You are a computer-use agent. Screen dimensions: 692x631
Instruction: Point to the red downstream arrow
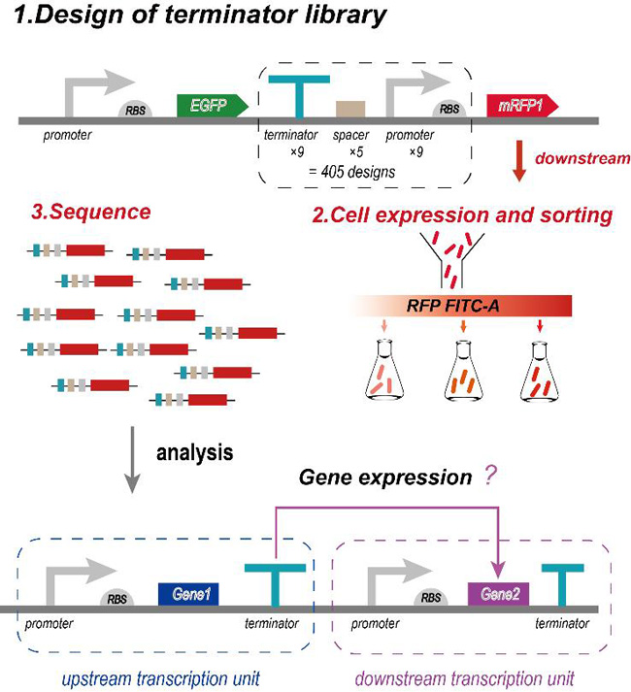[x=519, y=162]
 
